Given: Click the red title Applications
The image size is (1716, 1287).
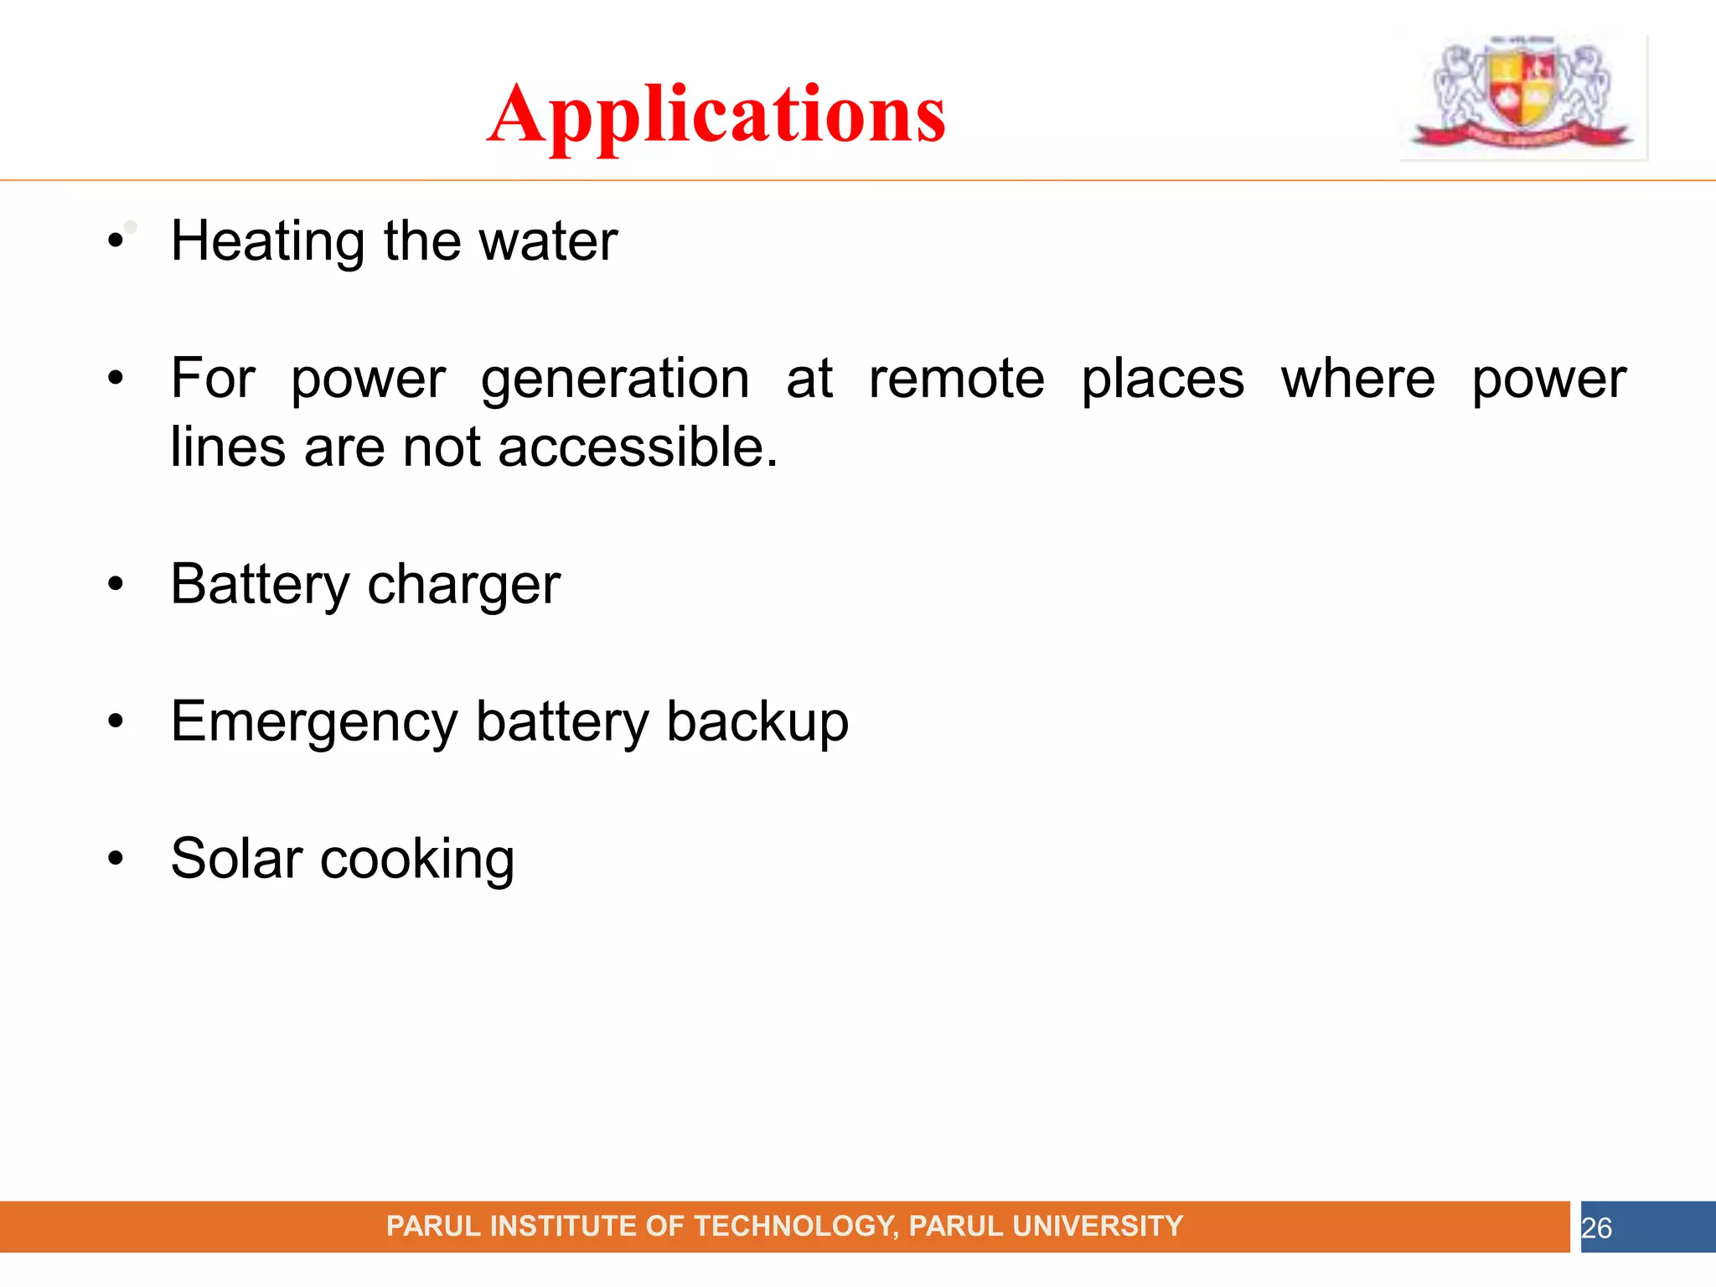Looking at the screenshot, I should [716, 114].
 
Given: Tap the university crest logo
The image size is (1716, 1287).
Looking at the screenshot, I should [1522, 95].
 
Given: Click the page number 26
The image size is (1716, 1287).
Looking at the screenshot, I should [1596, 1228].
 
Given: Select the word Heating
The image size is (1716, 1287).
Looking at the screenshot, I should [267, 241].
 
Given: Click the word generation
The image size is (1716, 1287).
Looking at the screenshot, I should [615, 379].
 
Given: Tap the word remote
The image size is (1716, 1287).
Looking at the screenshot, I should [956, 379].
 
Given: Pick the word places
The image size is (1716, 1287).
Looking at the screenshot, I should [1162, 379].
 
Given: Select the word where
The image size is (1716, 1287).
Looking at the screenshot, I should [1357, 379].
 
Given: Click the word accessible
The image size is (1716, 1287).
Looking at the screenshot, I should [637, 447].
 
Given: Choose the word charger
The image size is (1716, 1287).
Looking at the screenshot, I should [463, 584].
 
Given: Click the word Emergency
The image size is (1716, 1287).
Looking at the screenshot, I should [314, 721].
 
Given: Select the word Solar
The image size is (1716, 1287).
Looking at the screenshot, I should [236, 859].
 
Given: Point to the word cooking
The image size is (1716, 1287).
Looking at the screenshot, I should [417, 859].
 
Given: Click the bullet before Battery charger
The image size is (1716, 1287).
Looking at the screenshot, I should [116, 584].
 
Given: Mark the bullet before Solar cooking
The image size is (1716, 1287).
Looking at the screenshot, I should [116, 859].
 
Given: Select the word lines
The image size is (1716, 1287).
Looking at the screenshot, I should [228, 447].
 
